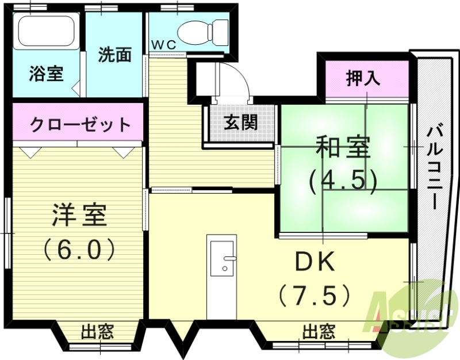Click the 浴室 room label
pyautogui.click(x=46, y=75)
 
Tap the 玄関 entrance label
pyautogui.click(x=240, y=122)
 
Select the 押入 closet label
pyautogui.click(x=363, y=78)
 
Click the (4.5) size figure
pyautogui.click(x=343, y=181)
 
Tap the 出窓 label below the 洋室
pyautogui.click(x=97, y=331)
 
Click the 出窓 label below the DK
pyautogui.click(x=319, y=331)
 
